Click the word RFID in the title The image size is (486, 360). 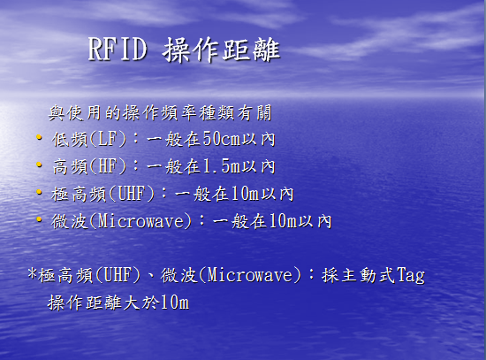(118, 49)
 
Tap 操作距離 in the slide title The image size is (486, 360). (221, 50)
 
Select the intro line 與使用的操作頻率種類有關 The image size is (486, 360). (160, 112)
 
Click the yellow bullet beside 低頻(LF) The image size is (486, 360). (39, 137)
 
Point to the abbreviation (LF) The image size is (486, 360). (108, 139)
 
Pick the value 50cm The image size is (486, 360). (222, 139)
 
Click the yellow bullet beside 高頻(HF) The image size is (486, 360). (39, 165)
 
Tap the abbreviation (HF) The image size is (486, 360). (108, 166)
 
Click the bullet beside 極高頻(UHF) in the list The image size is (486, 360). (39, 192)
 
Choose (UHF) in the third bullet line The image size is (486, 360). (132, 194)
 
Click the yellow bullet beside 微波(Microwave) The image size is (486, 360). (39, 219)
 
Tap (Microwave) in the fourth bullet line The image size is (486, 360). (140, 221)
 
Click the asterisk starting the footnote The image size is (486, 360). (33, 274)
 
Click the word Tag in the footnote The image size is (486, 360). (410, 276)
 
